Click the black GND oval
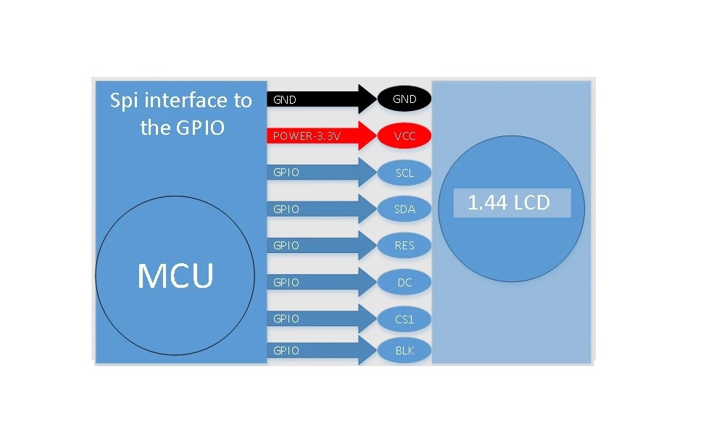(x=404, y=99)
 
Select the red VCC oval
(x=404, y=136)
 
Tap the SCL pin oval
(x=404, y=173)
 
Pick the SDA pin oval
(x=404, y=209)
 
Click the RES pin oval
(x=404, y=245)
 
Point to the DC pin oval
(x=404, y=282)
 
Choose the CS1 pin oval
(x=404, y=319)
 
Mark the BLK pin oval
(x=404, y=350)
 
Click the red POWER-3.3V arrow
(x=322, y=136)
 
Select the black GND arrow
(x=322, y=99)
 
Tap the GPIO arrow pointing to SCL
(x=322, y=173)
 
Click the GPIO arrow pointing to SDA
(x=322, y=209)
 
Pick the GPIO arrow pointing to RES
(x=322, y=245)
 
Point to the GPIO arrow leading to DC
(x=322, y=282)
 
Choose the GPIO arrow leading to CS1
(x=322, y=319)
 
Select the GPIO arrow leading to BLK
(x=322, y=350)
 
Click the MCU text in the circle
(x=175, y=275)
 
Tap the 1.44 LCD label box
(x=512, y=203)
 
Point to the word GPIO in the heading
(x=200, y=128)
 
